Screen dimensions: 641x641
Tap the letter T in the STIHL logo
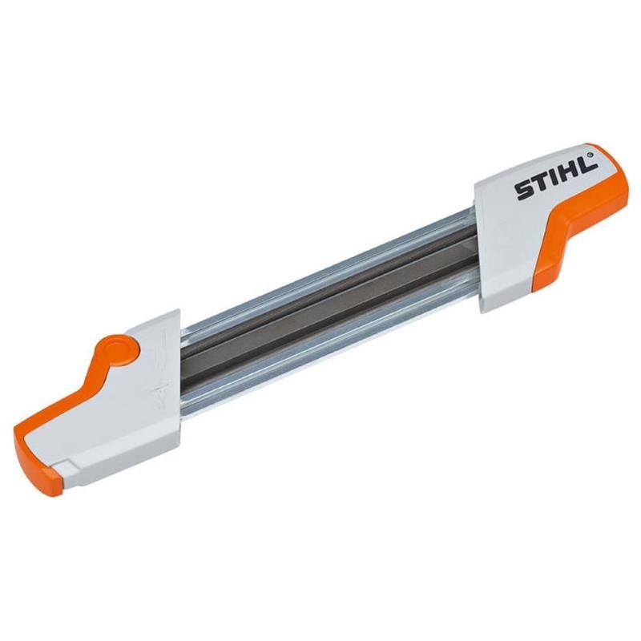[x=539, y=185]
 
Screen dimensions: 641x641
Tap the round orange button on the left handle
[x=119, y=350]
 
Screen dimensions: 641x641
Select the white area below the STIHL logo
[x=521, y=240]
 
